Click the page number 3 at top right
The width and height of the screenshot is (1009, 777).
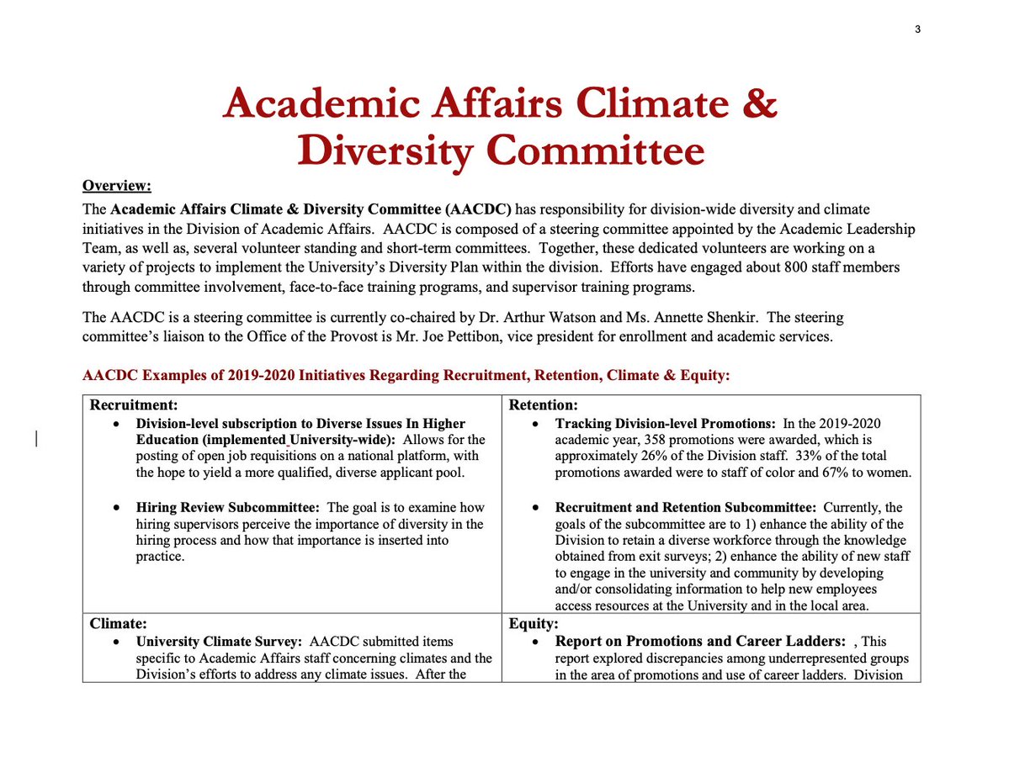click(917, 29)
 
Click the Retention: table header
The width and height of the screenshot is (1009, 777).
click(544, 404)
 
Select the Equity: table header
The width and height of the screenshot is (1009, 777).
click(534, 625)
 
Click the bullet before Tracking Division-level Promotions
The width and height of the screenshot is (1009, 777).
click(536, 423)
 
